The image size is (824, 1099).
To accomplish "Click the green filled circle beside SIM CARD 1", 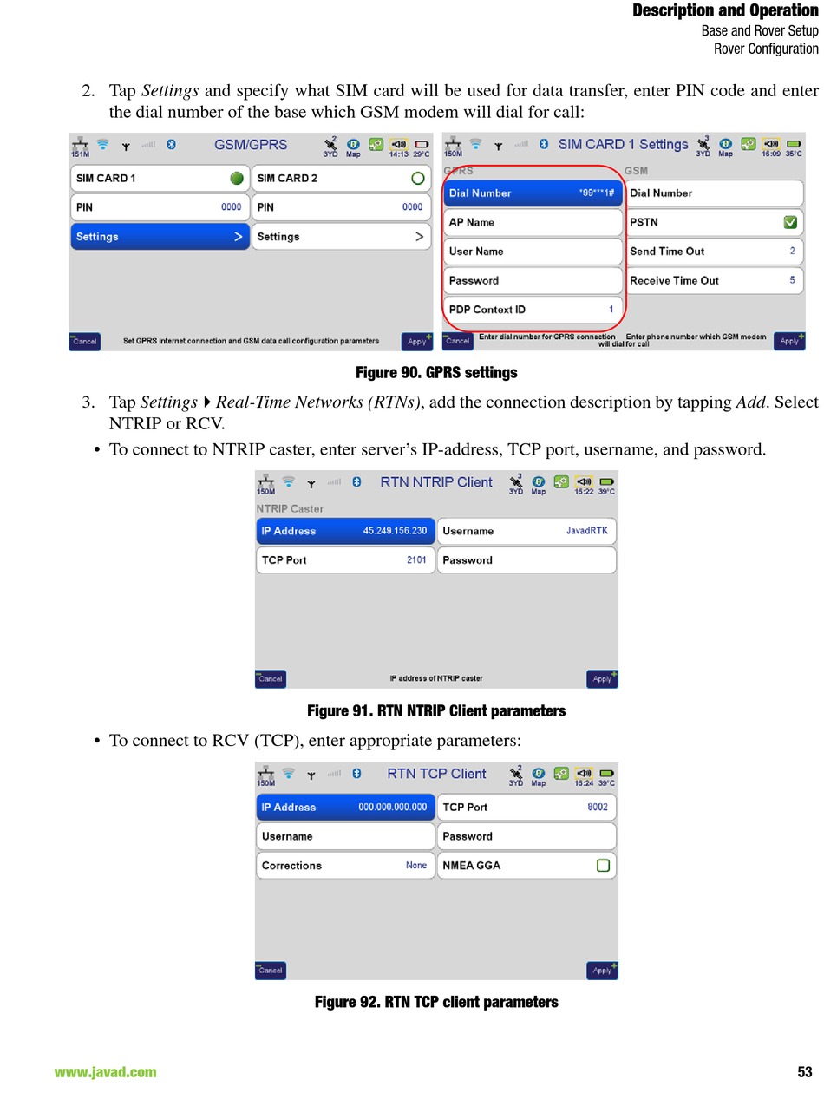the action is pyautogui.click(x=236, y=178).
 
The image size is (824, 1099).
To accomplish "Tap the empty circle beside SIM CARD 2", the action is pyautogui.click(x=417, y=178).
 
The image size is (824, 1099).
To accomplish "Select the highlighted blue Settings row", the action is pyautogui.click(x=160, y=237).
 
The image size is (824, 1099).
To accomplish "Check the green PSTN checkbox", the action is pyautogui.click(x=790, y=222).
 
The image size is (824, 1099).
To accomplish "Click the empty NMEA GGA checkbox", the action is pyautogui.click(x=603, y=866).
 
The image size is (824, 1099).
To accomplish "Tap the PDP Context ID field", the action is pyautogui.click(x=533, y=310).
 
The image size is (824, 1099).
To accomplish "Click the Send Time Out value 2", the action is pyautogui.click(x=792, y=251).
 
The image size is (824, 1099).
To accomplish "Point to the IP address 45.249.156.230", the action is pyautogui.click(x=395, y=531).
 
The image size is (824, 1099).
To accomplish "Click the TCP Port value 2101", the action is pyautogui.click(x=416, y=559).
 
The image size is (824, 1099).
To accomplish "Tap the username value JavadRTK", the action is pyautogui.click(x=586, y=531).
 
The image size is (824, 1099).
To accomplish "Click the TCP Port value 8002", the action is pyautogui.click(x=598, y=807).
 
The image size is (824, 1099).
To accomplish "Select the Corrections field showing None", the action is pyautogui.click(x=345, y=866).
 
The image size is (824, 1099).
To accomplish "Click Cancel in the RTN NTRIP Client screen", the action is pyautogui.click(x=271, y=679).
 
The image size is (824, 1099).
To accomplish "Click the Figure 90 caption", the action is pyautogui.click(x=436, y=372).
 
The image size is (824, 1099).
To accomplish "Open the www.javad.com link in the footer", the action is pyautogui.click(x=105, y=1072).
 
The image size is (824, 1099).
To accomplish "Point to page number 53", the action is pyautogui.click(x=804, y=1072).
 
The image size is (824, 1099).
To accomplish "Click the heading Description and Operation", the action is pyautogui.click(x=725, y=10).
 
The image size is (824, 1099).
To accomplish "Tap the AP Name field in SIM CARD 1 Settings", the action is pyautogui.click(x=533, y=222).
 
